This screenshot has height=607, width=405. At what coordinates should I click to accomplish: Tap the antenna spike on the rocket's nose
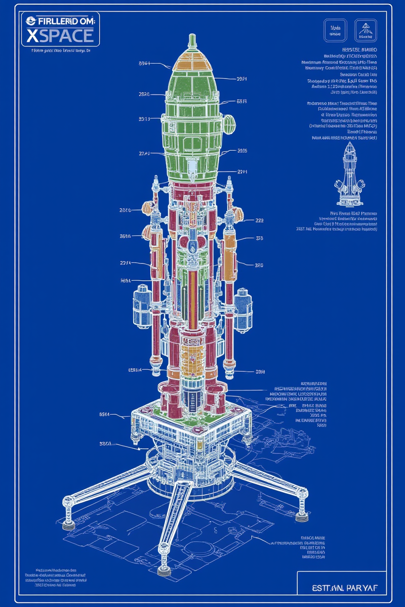[192, 41]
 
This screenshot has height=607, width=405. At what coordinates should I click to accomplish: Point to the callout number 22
[259, 220]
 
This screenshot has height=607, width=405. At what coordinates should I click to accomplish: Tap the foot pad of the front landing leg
[164, 570]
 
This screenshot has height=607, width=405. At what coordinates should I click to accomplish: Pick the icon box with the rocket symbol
[366, 30]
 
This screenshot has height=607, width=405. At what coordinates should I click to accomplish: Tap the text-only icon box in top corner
[335, 30]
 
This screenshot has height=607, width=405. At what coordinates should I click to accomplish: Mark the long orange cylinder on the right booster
[230, 250]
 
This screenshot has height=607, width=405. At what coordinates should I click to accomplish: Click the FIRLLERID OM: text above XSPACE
[61, 21]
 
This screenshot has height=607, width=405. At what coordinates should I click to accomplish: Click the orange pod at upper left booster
[148, 207]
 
